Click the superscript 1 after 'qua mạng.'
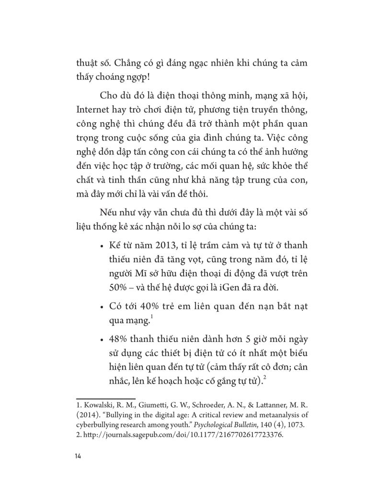point(147,317)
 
